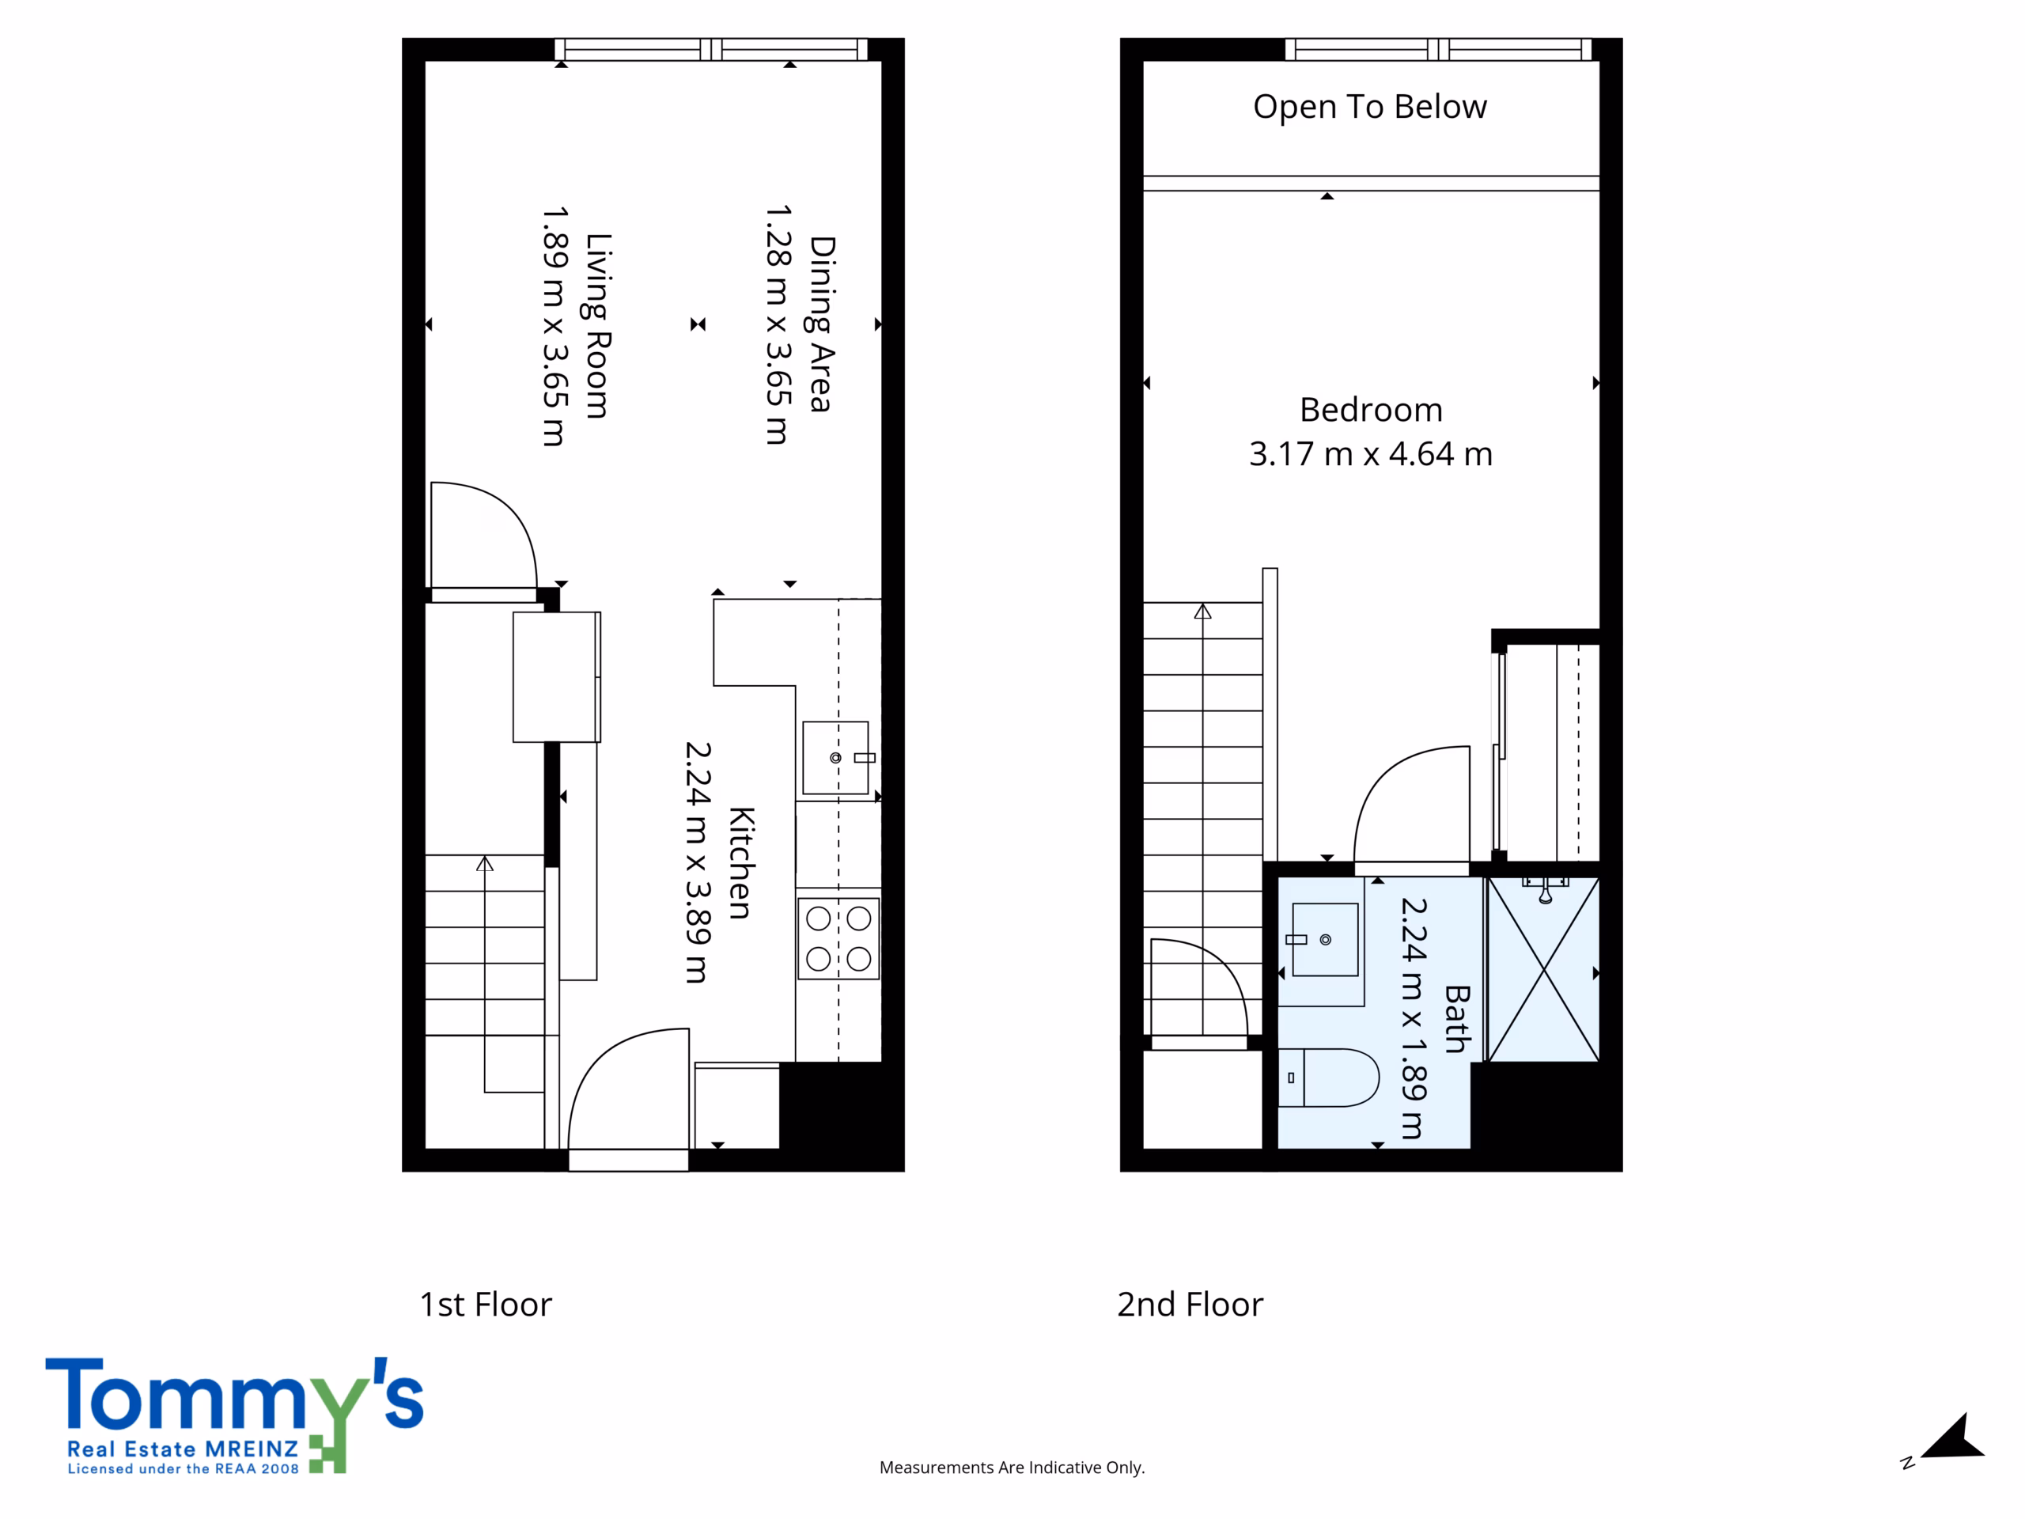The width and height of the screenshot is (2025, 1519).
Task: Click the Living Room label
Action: pyautogui.click(x=598, y=326)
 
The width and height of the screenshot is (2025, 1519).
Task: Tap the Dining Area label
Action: pyautogui.click(x=821, y=324)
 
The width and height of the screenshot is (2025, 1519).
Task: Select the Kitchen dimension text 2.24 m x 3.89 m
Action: pyautogui.click(x=698, y=862)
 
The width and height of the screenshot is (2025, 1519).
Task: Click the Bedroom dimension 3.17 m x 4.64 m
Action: pyautogui.click(x=1371, y=454)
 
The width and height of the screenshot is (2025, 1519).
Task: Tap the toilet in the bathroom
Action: pyautogui.click(x=1328, y=1078)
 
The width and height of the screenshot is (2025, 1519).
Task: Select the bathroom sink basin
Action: pyautogui.click(x=1325, y=939)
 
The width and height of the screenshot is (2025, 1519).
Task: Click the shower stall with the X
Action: pyautogui.click(x=1544, y=970)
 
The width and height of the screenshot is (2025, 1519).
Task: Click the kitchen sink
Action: pyautogui.click(x=836, y=758)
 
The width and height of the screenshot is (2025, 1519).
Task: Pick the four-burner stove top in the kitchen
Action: pyautogui.click(x=838, y=938)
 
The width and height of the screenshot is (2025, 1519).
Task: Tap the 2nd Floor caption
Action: pyautogui.click(x=1190, y=1305)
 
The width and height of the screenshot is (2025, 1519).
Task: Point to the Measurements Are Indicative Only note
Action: pyautogui.click(x=1012, y=1468)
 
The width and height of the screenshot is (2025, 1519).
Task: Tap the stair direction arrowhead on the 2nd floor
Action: pyautogui.click(x=1203, y=611)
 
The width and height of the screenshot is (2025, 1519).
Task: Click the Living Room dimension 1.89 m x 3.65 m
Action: pyautogui.click(x=555, y=326)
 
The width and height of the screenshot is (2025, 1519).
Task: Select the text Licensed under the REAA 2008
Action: pyautogui.click(x=183, y=1468)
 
